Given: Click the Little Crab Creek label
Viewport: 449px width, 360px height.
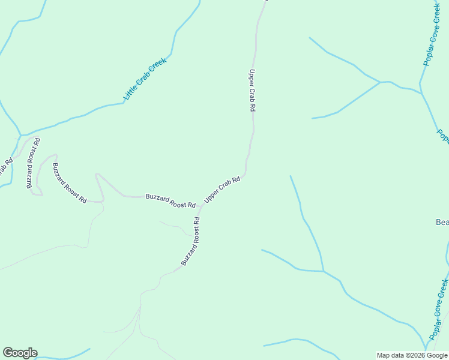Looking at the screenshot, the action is click(x=144, y=79).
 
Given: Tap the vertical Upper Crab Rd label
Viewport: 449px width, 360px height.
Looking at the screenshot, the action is click(x=253, y=91).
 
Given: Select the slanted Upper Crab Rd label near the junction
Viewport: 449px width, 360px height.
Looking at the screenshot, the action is click(x=222, y=189).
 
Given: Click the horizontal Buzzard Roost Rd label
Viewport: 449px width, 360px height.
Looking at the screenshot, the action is click(x=170, y=200).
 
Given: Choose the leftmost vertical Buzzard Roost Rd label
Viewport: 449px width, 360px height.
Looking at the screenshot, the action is click(x=33, y=163).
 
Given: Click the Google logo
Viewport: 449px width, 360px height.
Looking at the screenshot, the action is click(x=20, y=353).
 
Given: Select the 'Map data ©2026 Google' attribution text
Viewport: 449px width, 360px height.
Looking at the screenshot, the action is click(x=412, y=355).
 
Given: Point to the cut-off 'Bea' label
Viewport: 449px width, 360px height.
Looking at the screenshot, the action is click(x=442, y=223).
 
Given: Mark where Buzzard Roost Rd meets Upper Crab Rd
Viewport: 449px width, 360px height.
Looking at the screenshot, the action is click(x=200, y=206).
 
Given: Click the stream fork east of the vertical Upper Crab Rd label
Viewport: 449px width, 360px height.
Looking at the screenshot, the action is click(x=381, y=82).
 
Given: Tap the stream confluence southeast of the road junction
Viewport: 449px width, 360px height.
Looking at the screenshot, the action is click(x=324, y=271).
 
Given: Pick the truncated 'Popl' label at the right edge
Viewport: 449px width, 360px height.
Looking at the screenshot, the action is click(x=443, y=137).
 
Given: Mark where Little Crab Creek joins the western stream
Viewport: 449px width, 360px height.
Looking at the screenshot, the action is click(x=21, y=135).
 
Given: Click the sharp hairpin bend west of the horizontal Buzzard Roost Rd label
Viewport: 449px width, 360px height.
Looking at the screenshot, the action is click(x=97, y=175).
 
